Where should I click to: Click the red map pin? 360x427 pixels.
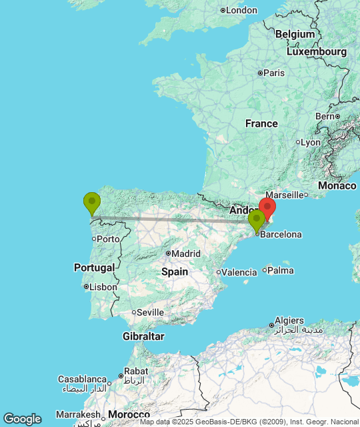[x=267, y=207]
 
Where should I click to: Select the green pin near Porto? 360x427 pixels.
[x=92, y=201]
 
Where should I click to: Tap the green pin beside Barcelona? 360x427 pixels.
[x=256, y=220]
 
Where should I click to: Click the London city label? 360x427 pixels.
[x=241, y=10]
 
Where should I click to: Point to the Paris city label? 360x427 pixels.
[x=275, y=73]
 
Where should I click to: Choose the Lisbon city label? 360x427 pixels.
[x=103, y=287]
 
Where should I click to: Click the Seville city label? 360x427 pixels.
[x=151, y=312]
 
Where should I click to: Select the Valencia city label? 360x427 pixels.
[x=239, y=272]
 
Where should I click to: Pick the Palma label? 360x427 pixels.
[x=281, y=270]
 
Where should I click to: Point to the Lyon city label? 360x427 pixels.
[x=311, y=142]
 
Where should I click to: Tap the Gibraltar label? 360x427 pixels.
[x=143, y=336]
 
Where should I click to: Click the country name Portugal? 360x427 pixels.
[x=95, y=268]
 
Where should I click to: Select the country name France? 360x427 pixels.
[x=261, y=123]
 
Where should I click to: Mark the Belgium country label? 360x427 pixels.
[x=295, y=34]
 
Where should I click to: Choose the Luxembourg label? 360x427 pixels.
[x=317, y=51]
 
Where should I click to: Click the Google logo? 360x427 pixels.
[x=22, y=418]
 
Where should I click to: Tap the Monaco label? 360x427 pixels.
[x=337, y=185]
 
